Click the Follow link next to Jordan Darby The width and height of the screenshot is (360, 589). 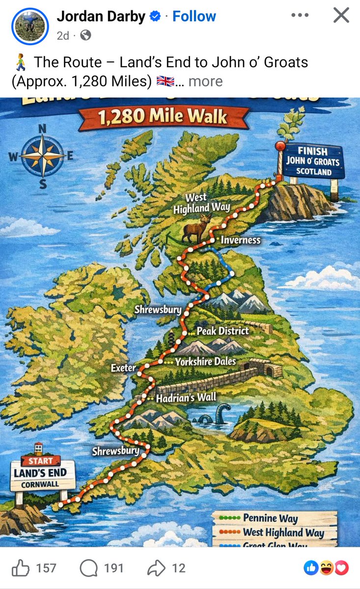pyautogui.click(x=194, y=16)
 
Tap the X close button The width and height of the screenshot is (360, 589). pyautogui.click(x=341, y=15)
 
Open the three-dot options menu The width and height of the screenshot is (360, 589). pyautogui.click(x=300, y=15)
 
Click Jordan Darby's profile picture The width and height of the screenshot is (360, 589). pyautogui.click(x=30, y=25)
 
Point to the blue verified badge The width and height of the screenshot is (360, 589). pyautogui.click(x=155, y=17)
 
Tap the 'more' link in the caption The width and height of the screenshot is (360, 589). pyautogui.click(x=205, y=81)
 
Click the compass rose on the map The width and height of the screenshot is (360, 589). pyautogui.click(x=43, y=156)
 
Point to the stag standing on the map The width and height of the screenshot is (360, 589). pyautogui.click(x=196, y=229)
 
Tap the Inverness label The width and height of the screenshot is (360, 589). pyautogui.click(x=240, y=240)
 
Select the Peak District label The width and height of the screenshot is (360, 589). pyautogui.click(x=222, y=331)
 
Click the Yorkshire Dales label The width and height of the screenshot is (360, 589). pyautogui.click(x=205, y=362)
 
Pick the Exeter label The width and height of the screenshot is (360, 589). pyautogui.click(x=123, y=367)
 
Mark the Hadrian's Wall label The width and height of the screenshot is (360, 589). pyautogui.click(x=186, y=398)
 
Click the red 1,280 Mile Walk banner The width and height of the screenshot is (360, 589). pyautogui.click(x=163, y=118)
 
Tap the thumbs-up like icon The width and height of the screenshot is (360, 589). pyautogui.click(x=20, y=568)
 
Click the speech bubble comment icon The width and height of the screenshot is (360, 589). pyautogui.click(x=88, y=568)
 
